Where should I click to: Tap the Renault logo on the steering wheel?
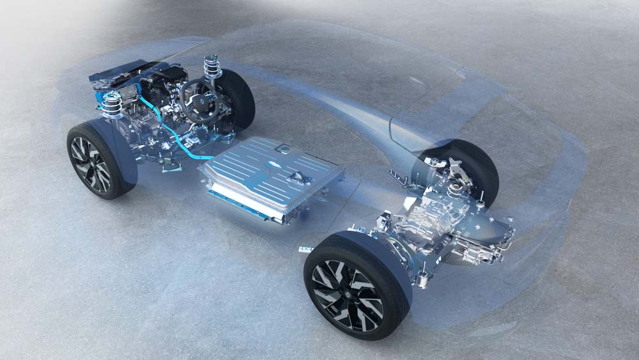point(205,102)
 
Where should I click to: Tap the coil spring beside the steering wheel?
point(212,67)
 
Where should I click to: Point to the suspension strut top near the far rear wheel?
point(454,187)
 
